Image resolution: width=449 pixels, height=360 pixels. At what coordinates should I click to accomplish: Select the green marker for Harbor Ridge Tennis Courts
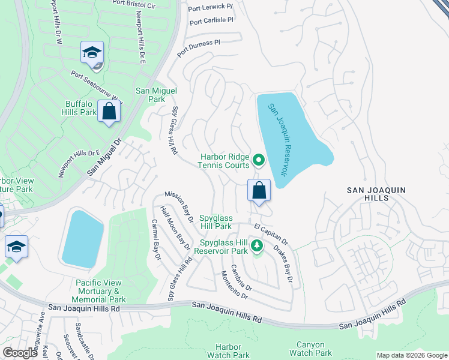[x=259, y=160]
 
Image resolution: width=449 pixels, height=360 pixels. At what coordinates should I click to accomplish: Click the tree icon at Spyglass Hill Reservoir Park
[x=256, y=245]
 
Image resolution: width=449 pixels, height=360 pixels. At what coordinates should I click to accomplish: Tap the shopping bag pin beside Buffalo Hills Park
[x=109, y=112]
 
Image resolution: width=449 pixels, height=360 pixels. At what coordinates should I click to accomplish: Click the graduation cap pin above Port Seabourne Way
[x=92, y=52]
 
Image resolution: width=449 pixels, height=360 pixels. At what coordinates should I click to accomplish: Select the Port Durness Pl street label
[x=199, y=49]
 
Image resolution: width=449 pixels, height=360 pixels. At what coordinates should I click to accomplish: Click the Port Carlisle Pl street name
[x=211, y=21]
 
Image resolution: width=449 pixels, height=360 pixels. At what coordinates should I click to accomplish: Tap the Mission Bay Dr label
[x=178, y=208]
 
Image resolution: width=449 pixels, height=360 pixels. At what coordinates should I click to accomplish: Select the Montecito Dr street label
[x=234, y=285]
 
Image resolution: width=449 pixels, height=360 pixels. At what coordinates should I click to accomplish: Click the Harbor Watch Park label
[x=228, y=351]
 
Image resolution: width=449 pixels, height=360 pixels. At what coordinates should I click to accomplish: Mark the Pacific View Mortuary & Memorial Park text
[x=100, y=291]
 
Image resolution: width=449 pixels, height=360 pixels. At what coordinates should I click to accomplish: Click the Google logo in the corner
[x=20, y=353]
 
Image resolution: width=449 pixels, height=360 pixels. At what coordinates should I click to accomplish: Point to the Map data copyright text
[x=411, y=355]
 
